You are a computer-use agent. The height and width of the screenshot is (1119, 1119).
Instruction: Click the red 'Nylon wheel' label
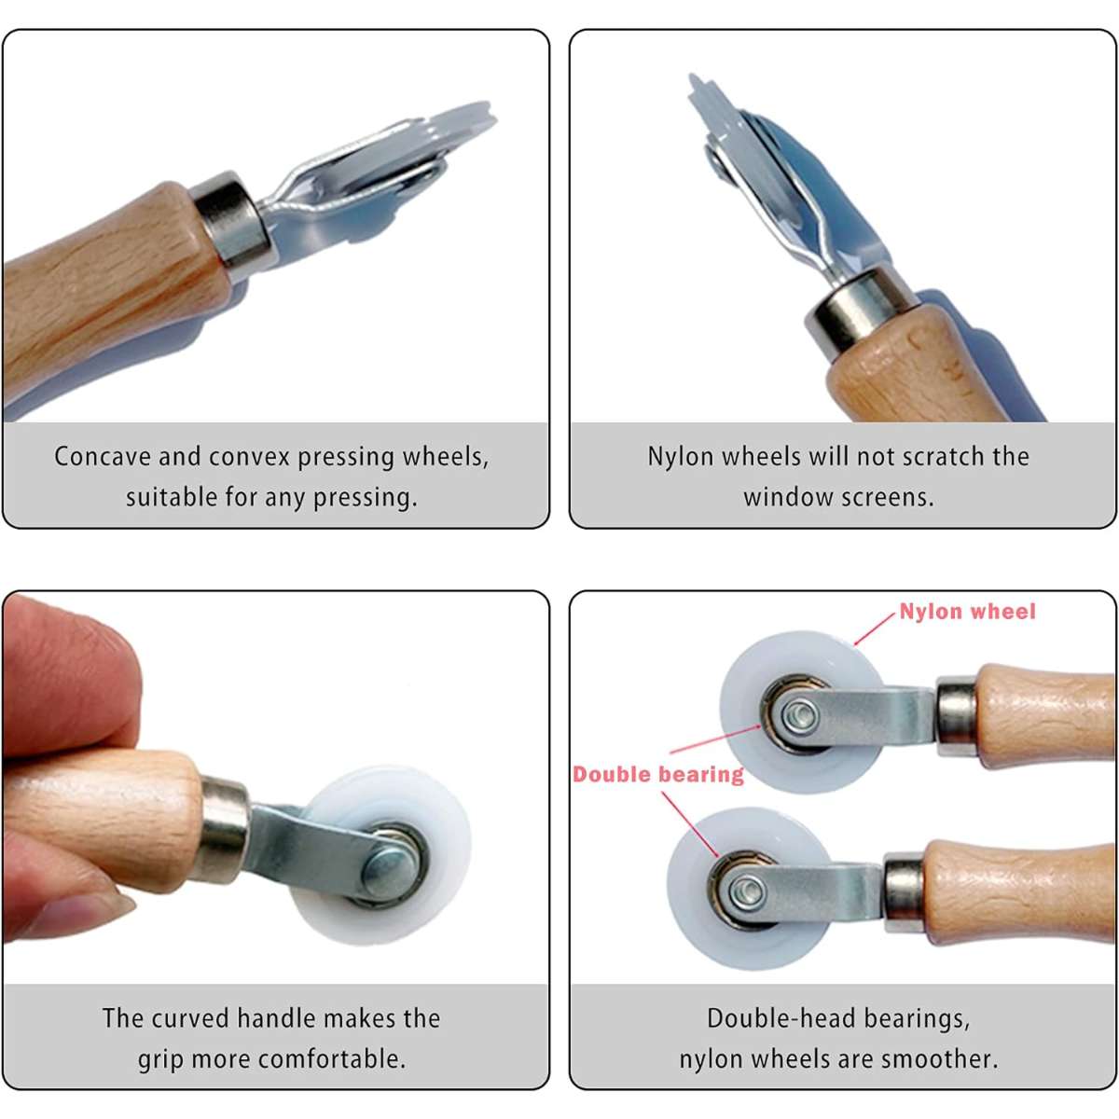(967, 612)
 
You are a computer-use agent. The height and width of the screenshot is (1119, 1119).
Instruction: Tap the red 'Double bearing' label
(658, 775)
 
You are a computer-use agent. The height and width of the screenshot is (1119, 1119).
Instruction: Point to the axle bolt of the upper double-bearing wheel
(800, 715)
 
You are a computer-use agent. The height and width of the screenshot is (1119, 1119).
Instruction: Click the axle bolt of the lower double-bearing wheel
(747, 889)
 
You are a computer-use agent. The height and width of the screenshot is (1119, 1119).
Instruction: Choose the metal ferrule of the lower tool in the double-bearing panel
(905, 892)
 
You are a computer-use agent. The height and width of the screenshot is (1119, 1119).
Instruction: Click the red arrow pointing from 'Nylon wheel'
(875, 629)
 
